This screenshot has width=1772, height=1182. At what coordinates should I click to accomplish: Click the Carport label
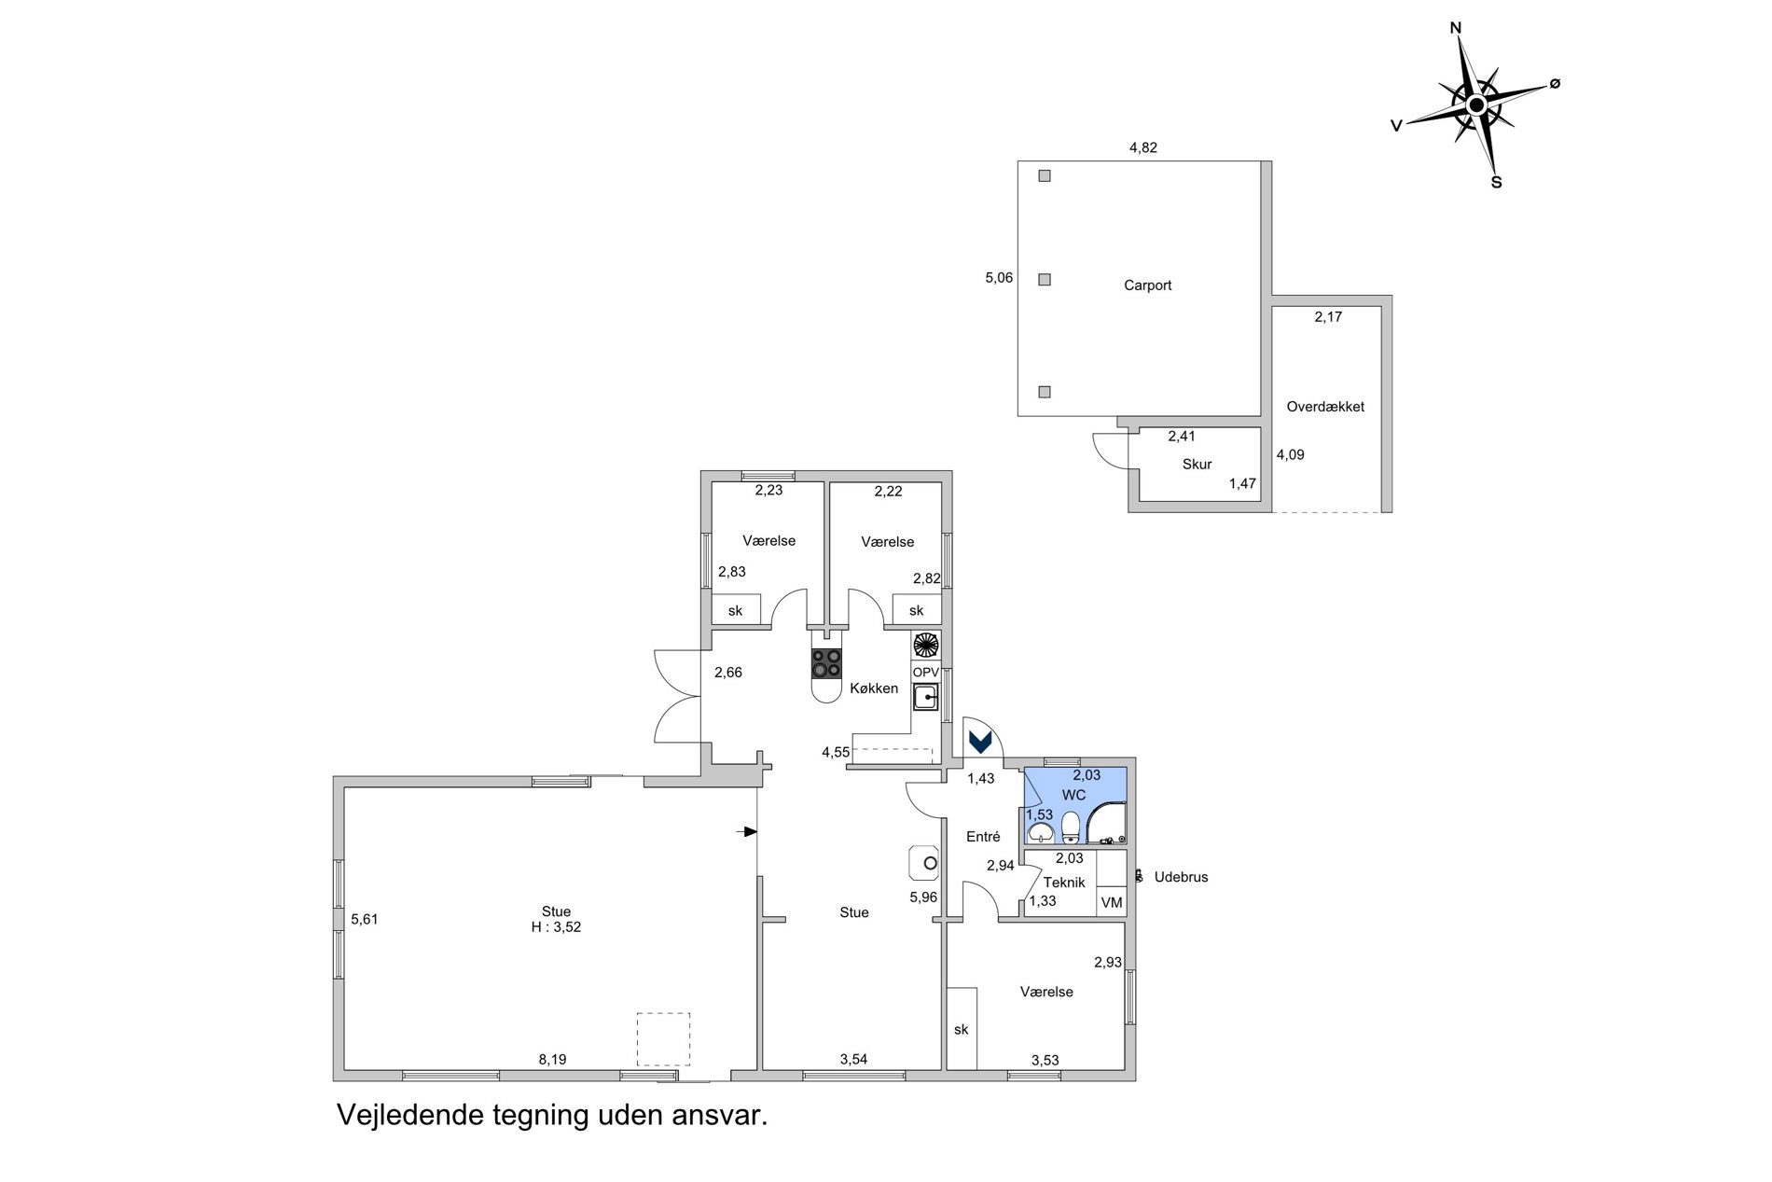(1147, 285)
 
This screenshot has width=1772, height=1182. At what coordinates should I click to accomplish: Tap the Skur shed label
(1197, 465)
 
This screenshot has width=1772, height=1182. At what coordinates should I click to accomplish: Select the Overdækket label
(1325, 407)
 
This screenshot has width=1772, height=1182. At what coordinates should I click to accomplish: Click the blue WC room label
(1073, 796)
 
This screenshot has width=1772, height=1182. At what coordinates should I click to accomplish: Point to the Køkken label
(874, 688)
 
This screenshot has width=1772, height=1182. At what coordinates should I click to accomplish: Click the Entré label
(983, 837)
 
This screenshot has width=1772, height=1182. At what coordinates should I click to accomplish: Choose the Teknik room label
(1064, 883)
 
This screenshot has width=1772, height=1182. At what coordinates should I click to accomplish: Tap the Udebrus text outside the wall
(1181, 877)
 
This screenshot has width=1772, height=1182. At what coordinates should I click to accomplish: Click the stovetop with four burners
(826, 663)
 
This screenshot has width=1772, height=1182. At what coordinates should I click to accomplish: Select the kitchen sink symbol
(926, 697)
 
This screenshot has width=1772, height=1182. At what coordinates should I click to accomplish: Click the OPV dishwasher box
(925, 673)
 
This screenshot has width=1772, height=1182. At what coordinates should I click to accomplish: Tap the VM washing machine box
(1112, 902)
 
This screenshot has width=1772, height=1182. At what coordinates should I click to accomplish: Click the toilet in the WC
(1070, 827)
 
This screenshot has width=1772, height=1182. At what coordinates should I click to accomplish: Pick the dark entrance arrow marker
(980, 742)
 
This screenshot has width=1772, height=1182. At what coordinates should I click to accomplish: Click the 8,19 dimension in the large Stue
(552, 1060)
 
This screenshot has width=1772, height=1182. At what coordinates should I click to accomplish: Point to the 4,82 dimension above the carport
(1143, 147)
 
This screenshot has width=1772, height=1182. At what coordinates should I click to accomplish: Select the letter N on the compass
(1455, 28)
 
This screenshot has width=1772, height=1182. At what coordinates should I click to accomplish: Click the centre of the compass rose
(1476, 104)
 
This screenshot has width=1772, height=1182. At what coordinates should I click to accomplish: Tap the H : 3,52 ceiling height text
(556, 927)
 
